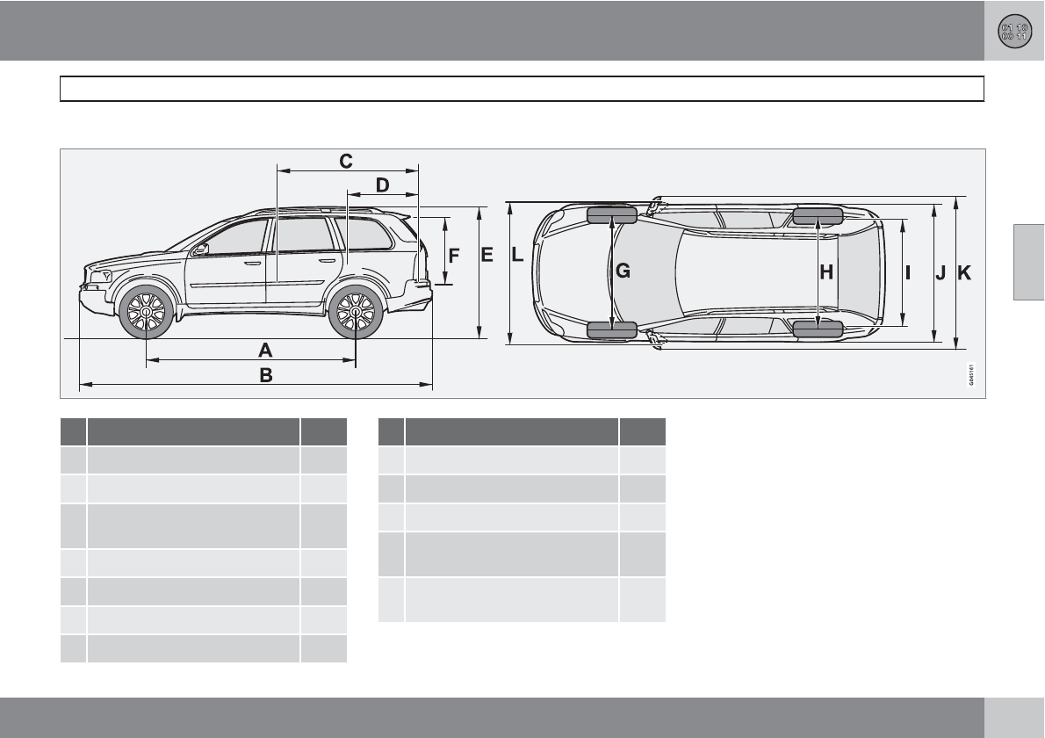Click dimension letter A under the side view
click(265, 349)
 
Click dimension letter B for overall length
click(265, 375)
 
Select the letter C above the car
click(346, 161)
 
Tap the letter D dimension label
click(382, 185)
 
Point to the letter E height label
click(486, 255)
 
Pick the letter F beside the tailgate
click(454, 257)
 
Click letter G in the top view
click(623, 272)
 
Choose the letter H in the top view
click(826, 272)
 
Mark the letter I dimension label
click(908, 272)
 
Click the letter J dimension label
click(940, 273)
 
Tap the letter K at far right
click(964, 273)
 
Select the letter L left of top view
click(517, 256)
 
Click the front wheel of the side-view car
click(146, 311)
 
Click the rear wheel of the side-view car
click(356, 311)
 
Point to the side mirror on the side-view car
click(201, 250)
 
